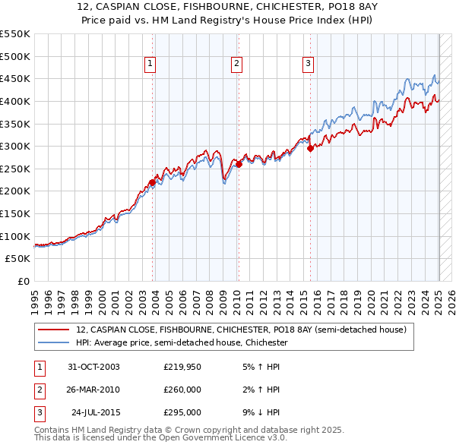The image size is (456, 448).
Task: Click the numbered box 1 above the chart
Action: (x=150, y=64)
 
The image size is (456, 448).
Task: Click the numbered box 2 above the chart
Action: (x=237, y=64)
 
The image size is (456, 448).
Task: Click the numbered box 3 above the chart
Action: (x=309, y=64)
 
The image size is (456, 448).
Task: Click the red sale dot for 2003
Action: (x=153, y=182)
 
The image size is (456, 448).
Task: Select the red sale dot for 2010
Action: (x=239, y=164)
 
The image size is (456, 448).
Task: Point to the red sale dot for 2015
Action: (x=310, y=149)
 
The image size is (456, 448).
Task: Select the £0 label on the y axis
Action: (x=23, y=281)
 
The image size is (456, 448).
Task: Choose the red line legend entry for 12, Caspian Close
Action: (x=242, y=330)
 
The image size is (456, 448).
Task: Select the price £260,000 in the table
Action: (x=182, y=390)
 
